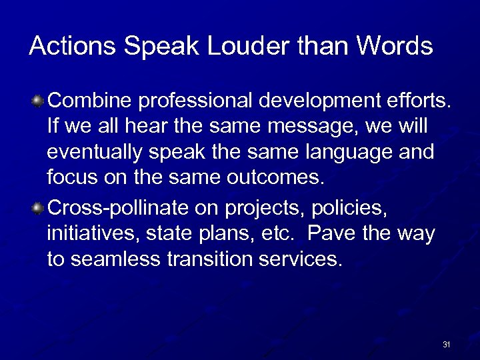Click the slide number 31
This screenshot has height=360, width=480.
pos(446,345)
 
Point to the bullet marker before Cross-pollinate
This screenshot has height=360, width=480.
pos(39,208)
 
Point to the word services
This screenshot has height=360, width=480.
pos(305,259)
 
